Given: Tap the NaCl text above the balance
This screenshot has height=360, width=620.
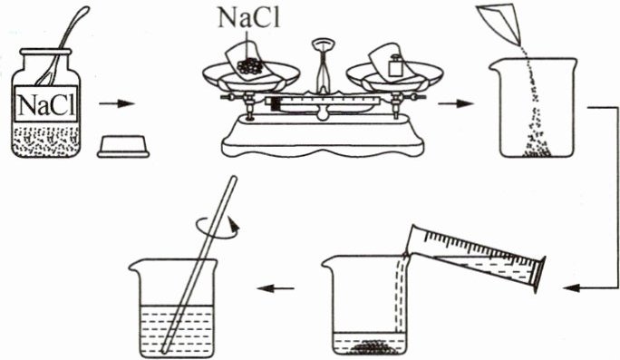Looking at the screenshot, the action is point(249,17).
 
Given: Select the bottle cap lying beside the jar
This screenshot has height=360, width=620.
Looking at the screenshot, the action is point(123,146).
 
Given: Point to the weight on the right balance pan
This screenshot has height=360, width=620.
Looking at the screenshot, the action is point(394,66).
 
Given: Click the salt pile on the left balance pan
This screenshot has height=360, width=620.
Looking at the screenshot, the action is point(250,66).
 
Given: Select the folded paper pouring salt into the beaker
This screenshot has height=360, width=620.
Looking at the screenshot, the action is point(499,23).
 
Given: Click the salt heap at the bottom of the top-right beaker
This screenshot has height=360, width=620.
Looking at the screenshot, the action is point(537,150).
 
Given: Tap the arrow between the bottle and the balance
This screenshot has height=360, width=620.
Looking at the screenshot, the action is point(117,104).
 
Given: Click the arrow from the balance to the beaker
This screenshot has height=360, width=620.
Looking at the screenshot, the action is point(456,104).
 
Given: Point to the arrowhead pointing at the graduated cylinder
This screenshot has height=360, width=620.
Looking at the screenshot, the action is point(571,288).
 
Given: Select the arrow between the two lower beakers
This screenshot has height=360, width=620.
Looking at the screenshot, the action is point(276,288).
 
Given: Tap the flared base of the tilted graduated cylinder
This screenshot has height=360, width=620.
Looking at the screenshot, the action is point(540,275).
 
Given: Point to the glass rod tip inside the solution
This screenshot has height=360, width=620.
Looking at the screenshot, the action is point(164,350).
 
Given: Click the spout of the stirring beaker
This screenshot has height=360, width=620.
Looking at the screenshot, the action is point(134,265).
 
